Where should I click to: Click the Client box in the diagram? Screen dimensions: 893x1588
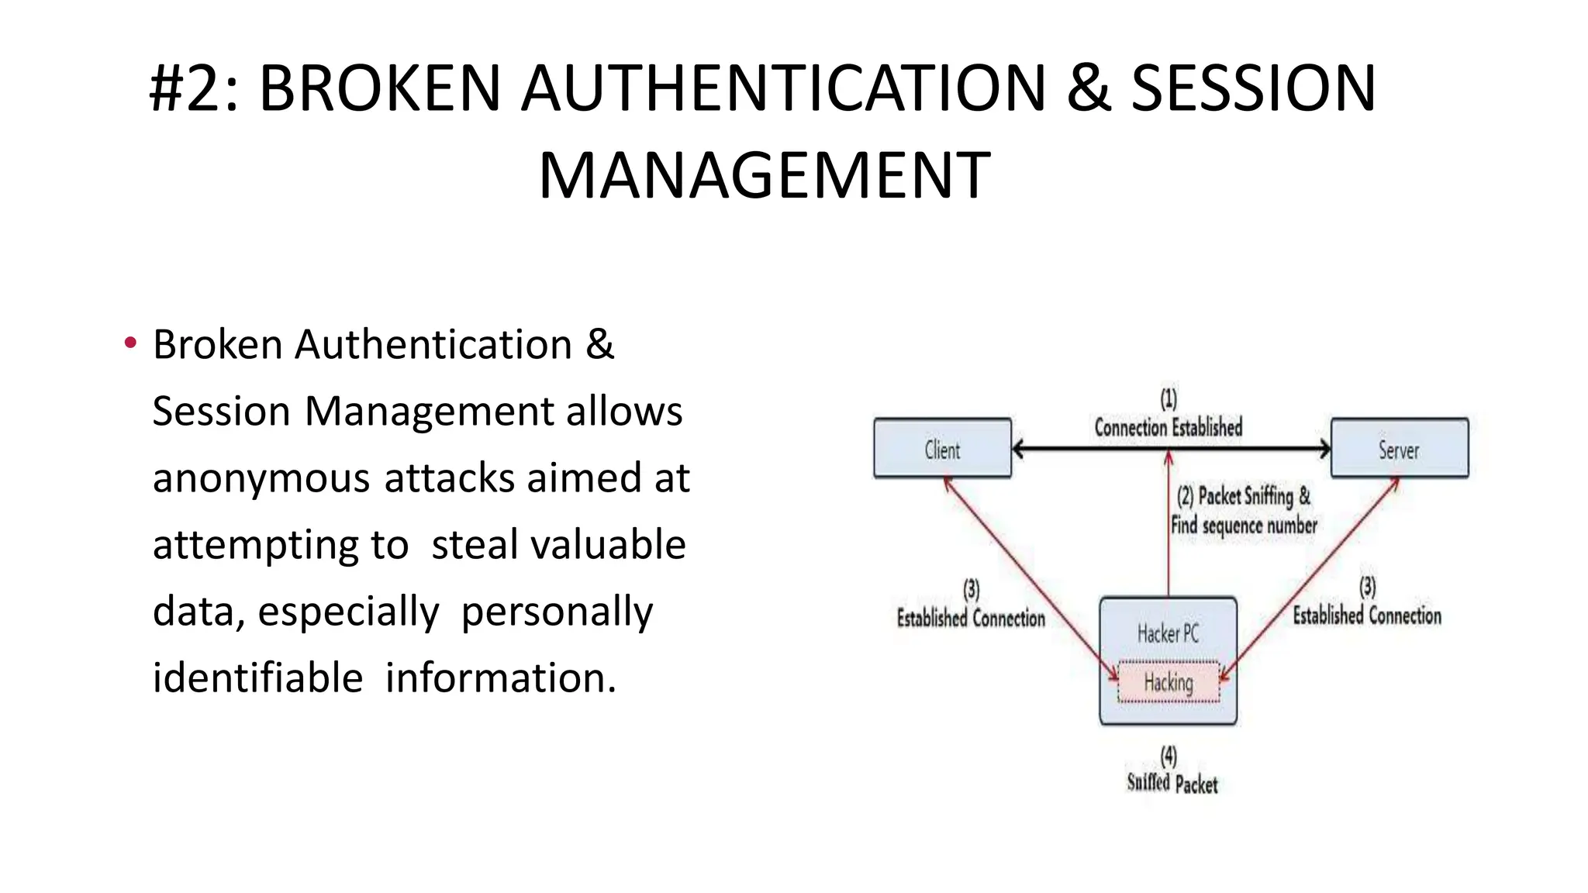point(942,449)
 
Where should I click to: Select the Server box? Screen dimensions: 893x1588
point(1399,449)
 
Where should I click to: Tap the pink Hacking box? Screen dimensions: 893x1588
point(1169,682)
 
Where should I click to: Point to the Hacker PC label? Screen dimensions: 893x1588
point(1168,634)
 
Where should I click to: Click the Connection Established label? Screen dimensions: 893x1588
point(1168,427)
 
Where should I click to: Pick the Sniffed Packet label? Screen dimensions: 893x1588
point(1172,784)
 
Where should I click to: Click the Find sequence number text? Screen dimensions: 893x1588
point(1244,526)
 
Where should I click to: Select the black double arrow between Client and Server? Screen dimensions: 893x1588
point(1086,449)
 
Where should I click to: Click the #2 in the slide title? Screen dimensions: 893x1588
point(185,88)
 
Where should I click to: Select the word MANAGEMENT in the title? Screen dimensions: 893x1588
point(764,176)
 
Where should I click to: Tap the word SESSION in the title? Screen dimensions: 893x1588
point(1253,88)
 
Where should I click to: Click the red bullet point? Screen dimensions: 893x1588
point(129,343)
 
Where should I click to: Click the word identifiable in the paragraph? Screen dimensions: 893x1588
point(257,678)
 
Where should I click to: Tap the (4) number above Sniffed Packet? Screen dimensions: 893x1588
point(1169,755)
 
